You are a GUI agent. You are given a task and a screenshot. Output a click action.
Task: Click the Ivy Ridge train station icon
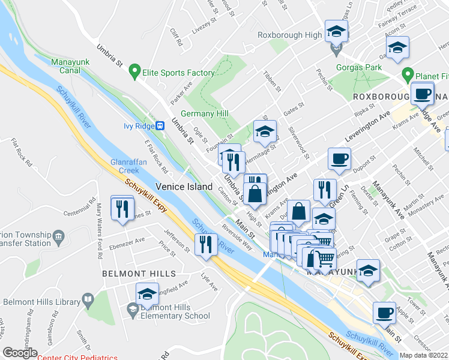160,125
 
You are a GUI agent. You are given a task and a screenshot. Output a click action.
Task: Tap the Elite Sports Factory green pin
135,73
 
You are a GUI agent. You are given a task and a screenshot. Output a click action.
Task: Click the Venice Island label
184,187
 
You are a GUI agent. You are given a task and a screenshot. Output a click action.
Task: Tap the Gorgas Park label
359,68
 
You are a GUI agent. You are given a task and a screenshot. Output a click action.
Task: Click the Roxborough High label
289,35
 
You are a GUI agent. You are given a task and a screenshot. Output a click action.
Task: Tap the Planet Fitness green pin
408,75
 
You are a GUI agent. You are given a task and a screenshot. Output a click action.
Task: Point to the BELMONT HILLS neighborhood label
131,273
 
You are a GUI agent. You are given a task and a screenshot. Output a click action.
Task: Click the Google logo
20,353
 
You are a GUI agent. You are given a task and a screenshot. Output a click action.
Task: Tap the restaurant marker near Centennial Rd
122,208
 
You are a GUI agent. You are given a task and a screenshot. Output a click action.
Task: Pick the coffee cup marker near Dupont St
339,159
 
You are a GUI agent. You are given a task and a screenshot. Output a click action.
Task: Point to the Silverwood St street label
298,142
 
